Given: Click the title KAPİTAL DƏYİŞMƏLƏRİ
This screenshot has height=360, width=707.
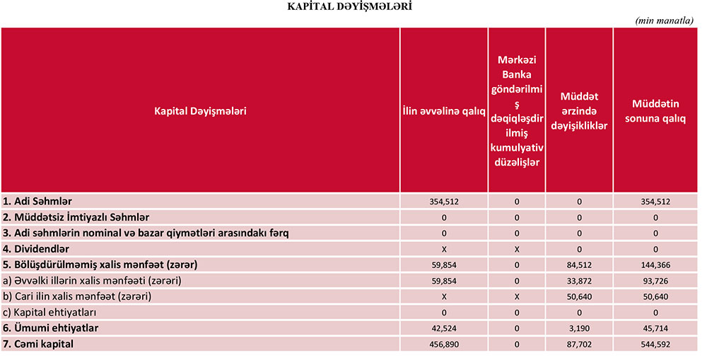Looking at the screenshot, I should pyautogui.click(x=350, y=6).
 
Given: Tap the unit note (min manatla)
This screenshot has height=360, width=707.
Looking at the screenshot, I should pyautogui.click(x=664, y=21).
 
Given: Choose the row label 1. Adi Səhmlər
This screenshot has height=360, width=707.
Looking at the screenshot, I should pyautogui.click(x=37, y=202).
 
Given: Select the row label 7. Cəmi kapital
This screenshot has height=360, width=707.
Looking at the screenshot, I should pyautogui.click(x=38, y=344).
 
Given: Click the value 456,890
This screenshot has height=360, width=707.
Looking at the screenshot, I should pyautogui.click(x=444, y=344).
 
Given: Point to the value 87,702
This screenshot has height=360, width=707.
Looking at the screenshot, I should pyautogui.click(x=579, y=344).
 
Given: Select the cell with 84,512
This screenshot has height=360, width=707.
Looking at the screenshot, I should pyautogui.click(x=579, y=265).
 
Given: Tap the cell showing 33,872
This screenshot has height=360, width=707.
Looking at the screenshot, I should pyautogui.click(x=579, y=281).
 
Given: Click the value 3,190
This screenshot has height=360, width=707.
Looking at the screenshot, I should pyautogui.click(x=579, y=328).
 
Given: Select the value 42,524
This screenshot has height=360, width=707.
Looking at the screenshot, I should pyautogui.click(x=444, y=328).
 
